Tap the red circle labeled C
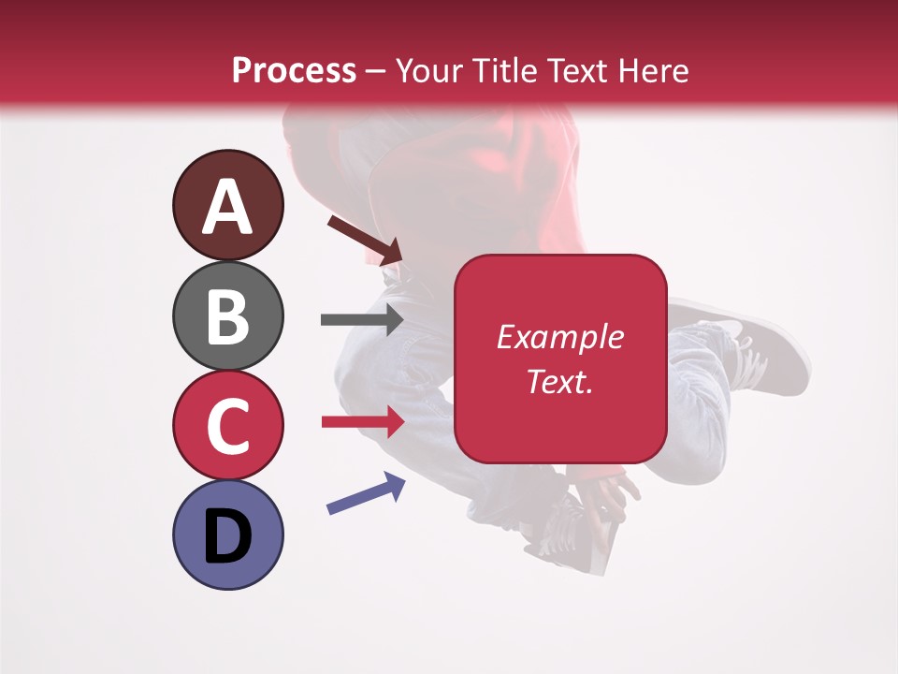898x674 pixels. click(x=227, y=425)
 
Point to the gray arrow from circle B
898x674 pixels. click(x=361, y=319)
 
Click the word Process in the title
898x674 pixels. click(x=294, y=70)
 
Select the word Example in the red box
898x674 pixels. click(x=560, y=337)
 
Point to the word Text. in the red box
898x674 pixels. click(x=560, y=381)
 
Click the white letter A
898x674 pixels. click(x=227, y=207)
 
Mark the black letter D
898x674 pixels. click(x=227, y=536)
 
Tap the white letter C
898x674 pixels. click(x=227, y=426)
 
